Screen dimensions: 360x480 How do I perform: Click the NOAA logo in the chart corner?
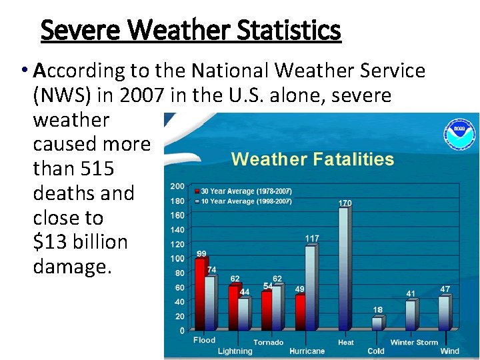coord(459,133)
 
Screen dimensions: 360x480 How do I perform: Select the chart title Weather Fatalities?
coord(312,159)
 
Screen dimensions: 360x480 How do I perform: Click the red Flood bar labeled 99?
coord(200,294)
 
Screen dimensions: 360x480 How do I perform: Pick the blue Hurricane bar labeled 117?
coord(310,287)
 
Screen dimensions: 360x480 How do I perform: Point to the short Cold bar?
coord(377,323)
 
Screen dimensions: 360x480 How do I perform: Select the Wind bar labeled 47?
coord(444,313)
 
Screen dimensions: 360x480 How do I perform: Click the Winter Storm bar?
coord(411,315)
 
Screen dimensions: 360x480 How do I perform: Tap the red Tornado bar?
coord(267,310)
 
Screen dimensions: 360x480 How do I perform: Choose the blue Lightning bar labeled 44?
coord(244,313)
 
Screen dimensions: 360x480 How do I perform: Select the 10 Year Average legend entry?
coord(243,201)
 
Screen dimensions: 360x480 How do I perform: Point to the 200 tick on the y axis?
coord(178,186)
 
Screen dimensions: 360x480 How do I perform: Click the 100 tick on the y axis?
coord(178,259)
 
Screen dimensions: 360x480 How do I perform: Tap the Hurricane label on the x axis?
coord(307,351)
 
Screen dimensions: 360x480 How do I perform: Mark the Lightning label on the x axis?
coord(235,351)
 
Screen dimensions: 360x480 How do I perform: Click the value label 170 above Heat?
coord(345,203)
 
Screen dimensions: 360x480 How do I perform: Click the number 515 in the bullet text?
coord(99,169)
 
